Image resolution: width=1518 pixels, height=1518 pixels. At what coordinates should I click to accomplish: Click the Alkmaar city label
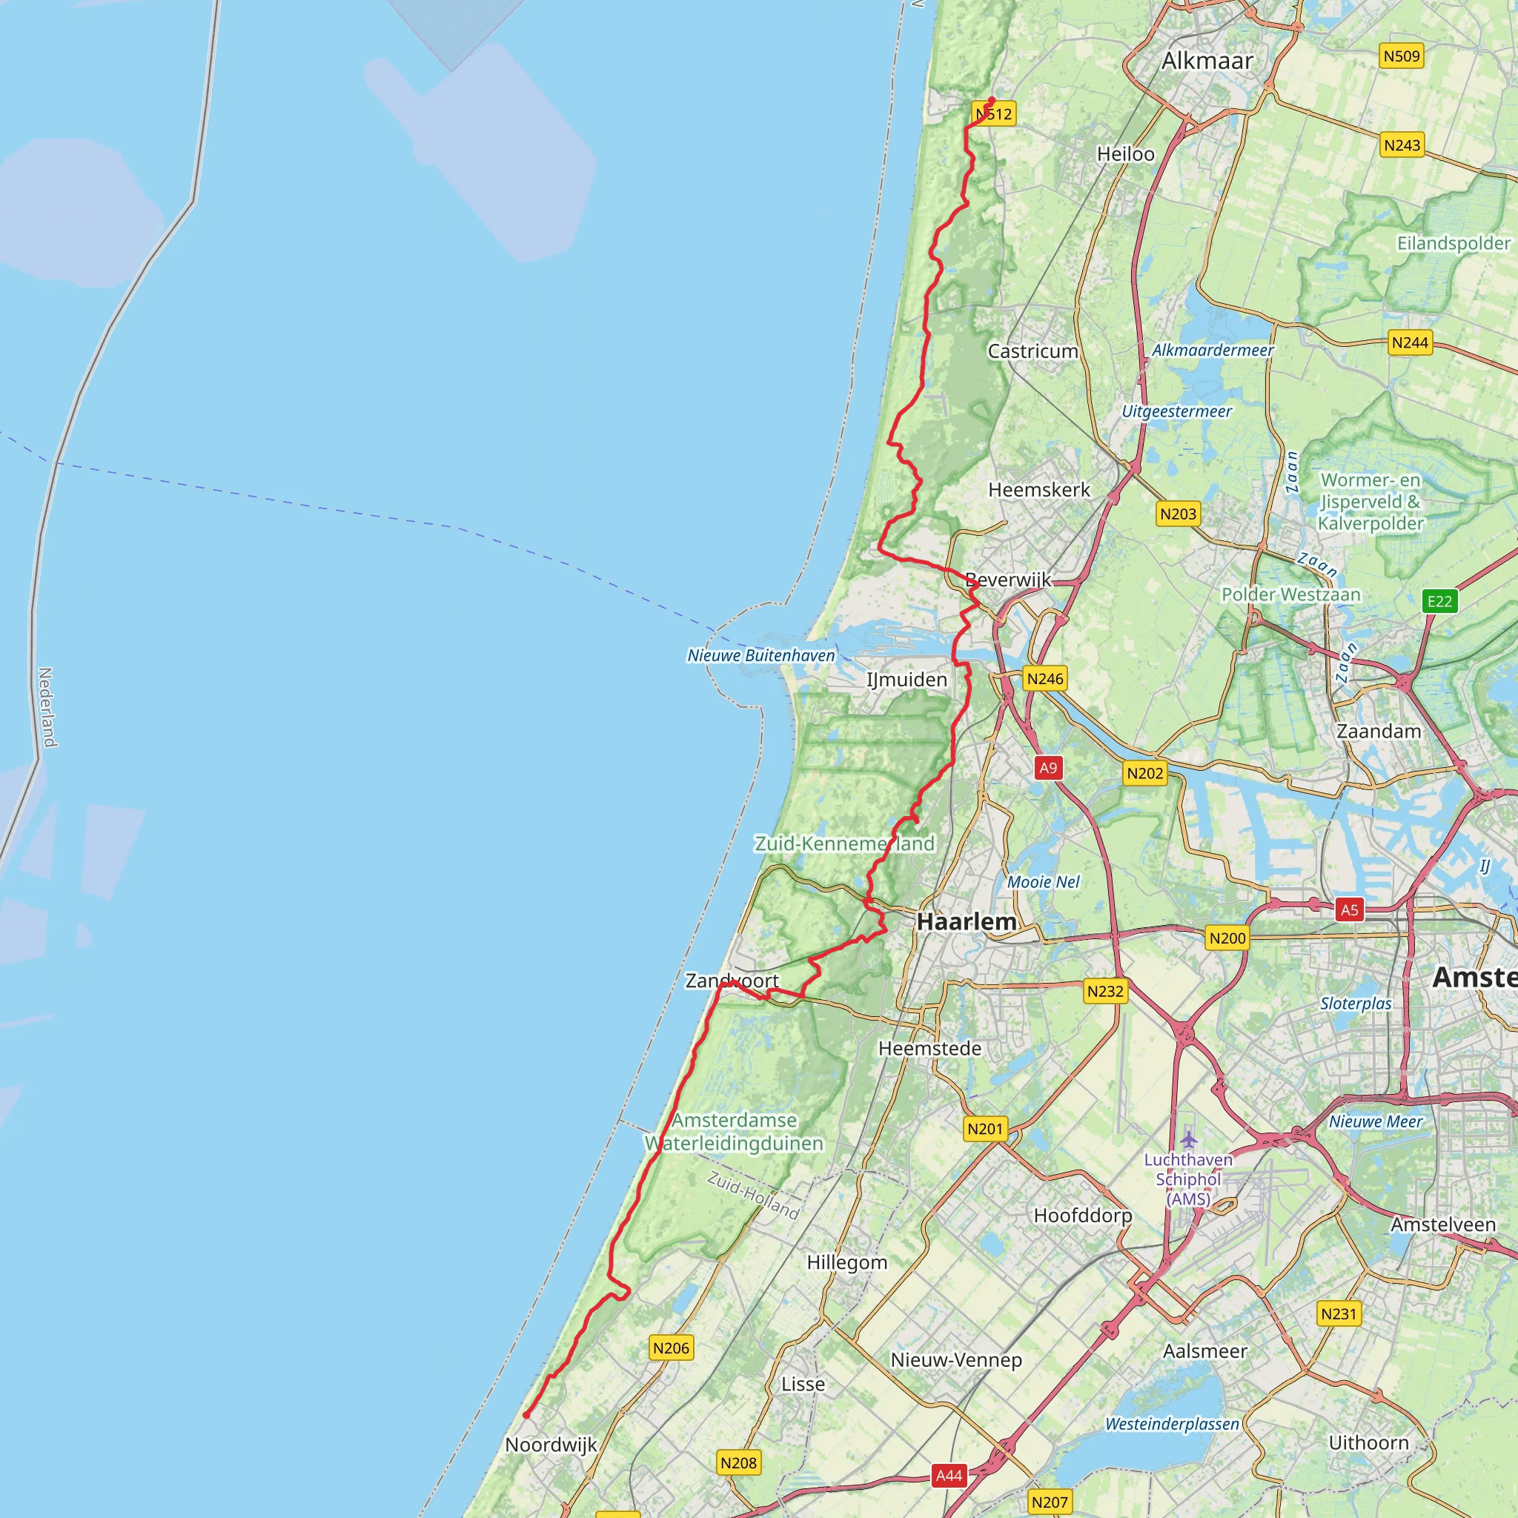(x=1207, y=62)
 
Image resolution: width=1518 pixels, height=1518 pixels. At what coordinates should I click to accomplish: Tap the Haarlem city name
(x=967, y=921)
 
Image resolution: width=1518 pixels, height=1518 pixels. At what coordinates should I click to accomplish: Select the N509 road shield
(x=1402, y=56)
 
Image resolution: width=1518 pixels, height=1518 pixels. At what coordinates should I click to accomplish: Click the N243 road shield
(x=1402, y=145)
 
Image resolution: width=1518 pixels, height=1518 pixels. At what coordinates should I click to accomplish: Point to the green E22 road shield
(x=1439, y=601)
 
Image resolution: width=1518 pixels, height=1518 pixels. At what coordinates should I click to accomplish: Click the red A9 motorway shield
(x=1048, y=768)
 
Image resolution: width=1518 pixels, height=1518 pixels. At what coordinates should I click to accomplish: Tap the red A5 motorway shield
(x=1349, y=910)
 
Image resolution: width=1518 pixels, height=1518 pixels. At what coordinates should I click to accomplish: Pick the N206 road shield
(x=671, y=1348)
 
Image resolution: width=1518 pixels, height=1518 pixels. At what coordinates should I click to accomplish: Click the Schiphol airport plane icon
(x=1188, y=1138)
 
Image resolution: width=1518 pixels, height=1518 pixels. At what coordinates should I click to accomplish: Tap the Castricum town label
(x=1033, y=351)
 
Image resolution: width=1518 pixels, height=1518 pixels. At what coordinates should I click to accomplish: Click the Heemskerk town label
(x=1038, y=490)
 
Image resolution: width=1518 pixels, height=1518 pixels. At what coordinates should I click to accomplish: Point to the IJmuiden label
(x=907, y=680)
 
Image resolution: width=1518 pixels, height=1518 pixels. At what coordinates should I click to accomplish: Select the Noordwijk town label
(x=551, y=1445)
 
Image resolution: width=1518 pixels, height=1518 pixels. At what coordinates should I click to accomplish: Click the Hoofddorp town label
(x=1082, y=1216)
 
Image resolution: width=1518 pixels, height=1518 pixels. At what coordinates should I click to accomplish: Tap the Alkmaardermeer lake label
(x=1213, y=351)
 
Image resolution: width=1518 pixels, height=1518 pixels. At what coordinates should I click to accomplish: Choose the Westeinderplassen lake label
(x=1172, y=1424)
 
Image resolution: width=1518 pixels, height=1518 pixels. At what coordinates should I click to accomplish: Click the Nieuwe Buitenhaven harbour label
(x=760, y=655)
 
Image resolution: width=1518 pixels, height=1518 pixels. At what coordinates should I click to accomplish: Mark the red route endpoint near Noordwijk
(x=526, y=1415)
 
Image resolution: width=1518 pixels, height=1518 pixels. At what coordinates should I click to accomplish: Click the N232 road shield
(x=1104, y=991)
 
